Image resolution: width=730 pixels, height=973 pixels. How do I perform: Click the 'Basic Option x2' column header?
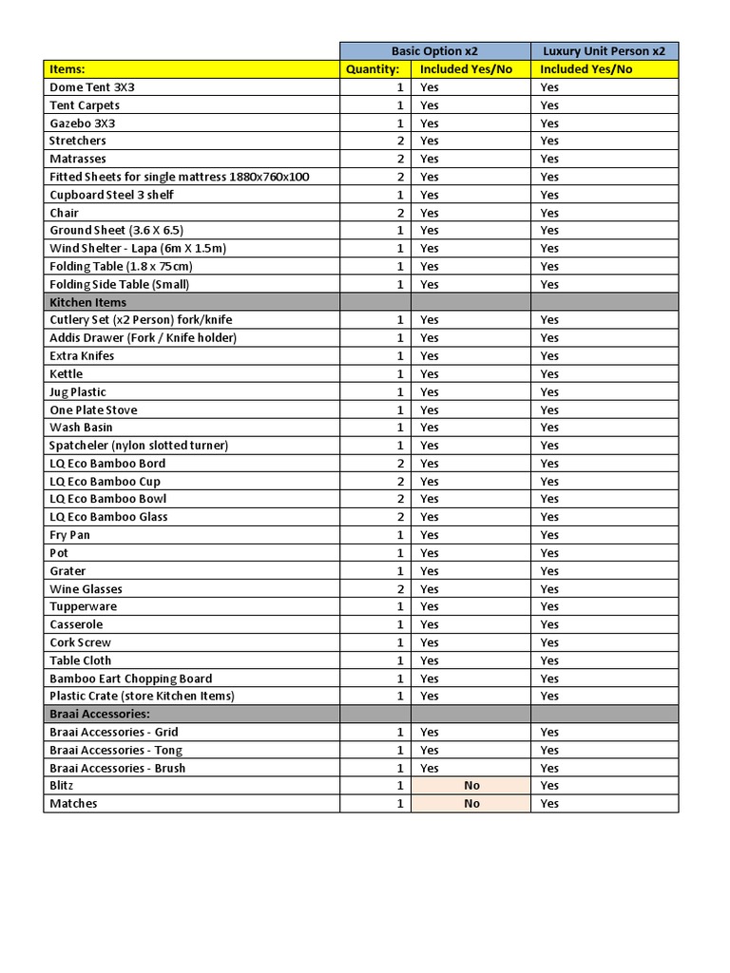coord(435,51)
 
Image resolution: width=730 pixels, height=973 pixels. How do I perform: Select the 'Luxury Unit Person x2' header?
coord(605,51)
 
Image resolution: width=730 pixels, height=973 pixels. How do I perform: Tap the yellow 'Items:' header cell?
coord(67,69)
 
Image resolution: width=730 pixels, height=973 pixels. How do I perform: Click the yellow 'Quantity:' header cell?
coord(373,69)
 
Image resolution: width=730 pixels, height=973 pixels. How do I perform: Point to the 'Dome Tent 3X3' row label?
coord(92,87)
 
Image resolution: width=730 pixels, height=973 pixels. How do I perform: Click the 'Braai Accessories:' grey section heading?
coord(100,714)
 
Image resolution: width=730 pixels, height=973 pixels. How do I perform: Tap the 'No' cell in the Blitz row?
coord(471,786)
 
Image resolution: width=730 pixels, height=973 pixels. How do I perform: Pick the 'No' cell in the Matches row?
coord(471,804)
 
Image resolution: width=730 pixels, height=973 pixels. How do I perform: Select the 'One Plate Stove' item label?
coord(93,410)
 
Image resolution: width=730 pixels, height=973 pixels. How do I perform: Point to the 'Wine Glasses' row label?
coord(86,589)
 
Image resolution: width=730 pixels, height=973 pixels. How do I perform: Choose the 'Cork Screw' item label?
coord(80,642)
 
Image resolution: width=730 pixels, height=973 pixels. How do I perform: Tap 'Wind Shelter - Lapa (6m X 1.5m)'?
coord(138,248)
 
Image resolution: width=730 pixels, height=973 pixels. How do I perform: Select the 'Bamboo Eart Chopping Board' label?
coord(130,678)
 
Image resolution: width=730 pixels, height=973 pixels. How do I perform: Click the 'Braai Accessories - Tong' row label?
coord(116,750)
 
